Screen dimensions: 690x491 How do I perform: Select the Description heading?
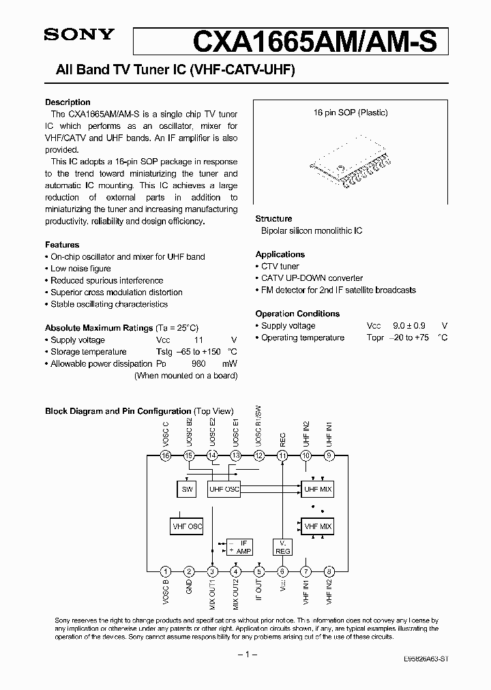[x=68, y=102]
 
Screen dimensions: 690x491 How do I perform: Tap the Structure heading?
[x=273, y=219]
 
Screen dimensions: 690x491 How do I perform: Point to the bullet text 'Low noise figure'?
[x=80, y=269]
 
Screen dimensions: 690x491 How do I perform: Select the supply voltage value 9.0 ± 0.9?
[x=408, y=326]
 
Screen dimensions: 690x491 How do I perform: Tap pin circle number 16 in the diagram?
[x=164, y=455]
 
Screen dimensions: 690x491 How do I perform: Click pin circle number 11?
[x=282, y=455]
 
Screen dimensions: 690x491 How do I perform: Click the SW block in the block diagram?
[x=186, y=489]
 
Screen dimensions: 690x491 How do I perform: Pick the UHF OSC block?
[x=224, y=489]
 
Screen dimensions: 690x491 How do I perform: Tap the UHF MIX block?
[x=317, y=489]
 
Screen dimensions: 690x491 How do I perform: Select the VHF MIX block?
[x=317, y=526]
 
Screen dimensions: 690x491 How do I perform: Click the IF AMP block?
[x=239, y=545]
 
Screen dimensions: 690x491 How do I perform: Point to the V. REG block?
[x=282, y=546]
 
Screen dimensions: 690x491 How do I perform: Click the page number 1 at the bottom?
[x=245, y=655]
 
